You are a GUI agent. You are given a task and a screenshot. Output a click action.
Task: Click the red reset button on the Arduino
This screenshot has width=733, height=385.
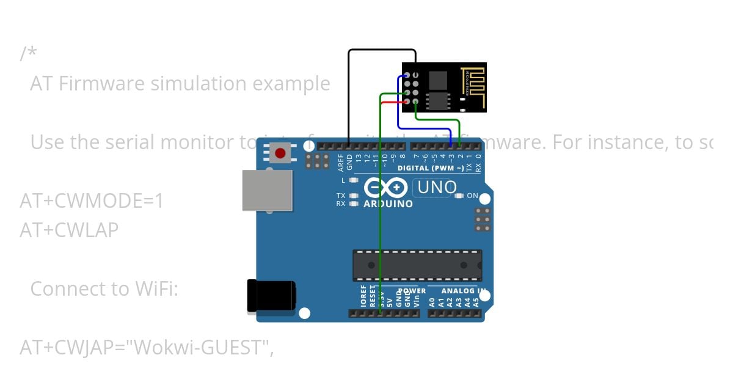[x=280, y=153]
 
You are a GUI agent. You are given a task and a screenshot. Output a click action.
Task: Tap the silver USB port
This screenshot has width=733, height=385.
[x=266, y=190]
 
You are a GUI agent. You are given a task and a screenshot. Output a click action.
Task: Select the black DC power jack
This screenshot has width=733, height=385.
[x=271, y=296]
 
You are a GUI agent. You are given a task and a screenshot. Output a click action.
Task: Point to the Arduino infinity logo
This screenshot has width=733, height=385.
[x=385, y=187]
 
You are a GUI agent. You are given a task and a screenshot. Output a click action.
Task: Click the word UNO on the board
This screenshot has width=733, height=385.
[x=437, y=187]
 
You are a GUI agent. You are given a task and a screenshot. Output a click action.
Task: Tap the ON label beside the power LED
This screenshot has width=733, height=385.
[x=472, y=196]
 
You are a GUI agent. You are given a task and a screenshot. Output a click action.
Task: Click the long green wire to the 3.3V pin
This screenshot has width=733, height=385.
[x=380, y=214]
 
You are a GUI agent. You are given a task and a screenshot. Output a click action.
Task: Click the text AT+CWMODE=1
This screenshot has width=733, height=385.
[x=92, y=200]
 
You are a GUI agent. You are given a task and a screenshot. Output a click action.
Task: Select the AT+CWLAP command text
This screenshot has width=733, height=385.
[x=69, y=230]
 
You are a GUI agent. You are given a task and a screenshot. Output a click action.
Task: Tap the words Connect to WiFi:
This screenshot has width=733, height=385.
[x=104, y=288]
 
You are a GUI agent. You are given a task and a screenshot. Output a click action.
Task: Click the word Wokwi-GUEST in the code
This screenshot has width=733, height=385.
[x=202, y=347]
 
